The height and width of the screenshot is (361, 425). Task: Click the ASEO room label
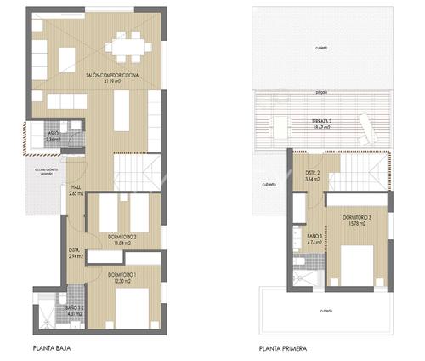click(53, 133)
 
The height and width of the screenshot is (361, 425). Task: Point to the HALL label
click(75, 188)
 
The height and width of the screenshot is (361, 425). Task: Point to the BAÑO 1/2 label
click(76, 310)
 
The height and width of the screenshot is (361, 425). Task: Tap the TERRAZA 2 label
click(320, 122)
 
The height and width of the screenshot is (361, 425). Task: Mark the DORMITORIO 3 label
click(357, 219)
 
